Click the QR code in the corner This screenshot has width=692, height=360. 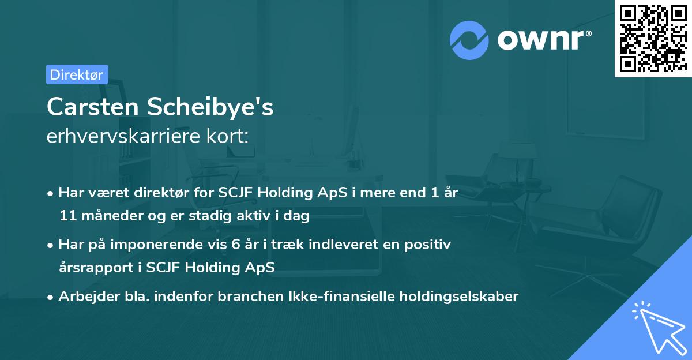coord(652,38)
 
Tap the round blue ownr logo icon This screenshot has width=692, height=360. coord(469,40)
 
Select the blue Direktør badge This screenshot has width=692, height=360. coord(77,74)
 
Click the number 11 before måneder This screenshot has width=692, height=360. coord(66,216)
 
